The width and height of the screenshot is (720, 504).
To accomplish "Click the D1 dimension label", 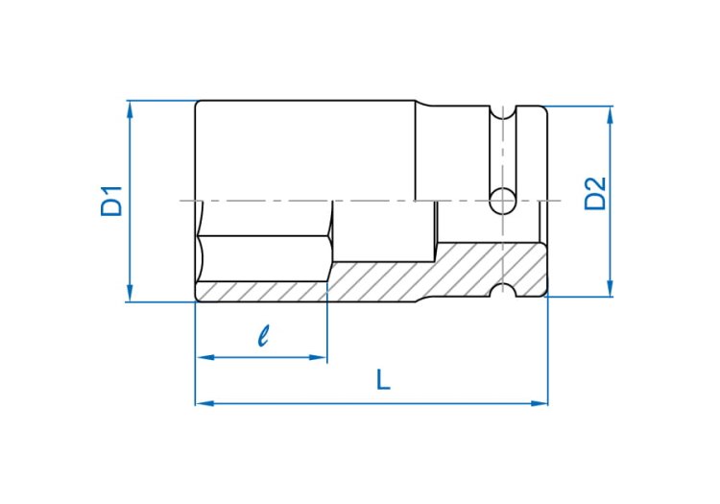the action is tap(111, 201).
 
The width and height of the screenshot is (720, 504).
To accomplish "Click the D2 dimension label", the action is tap(595, 194).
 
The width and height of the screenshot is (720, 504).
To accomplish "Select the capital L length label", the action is tap(383, 379).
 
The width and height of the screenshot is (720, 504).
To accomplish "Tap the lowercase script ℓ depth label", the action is tap(263, 335).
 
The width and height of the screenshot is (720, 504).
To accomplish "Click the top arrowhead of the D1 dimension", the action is tap(130, 108).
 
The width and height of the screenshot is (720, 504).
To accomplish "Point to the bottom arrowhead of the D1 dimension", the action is tap(130, 294).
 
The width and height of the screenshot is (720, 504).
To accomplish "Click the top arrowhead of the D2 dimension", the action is tap(610, 115).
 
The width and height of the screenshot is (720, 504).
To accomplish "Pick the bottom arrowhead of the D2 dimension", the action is tap(610, 288).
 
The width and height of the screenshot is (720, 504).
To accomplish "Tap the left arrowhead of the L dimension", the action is tap(204, 403).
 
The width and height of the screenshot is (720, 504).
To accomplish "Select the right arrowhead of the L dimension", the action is tap(540, 403).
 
